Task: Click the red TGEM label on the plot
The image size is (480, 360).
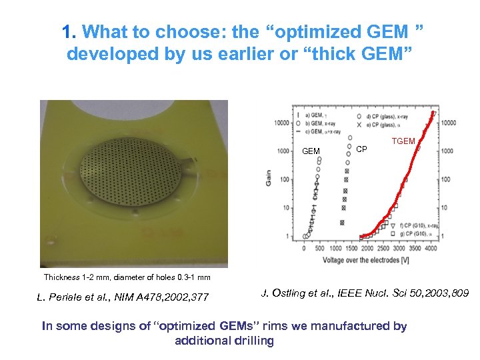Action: [x=403, y=141]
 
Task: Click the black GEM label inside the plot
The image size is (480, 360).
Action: [x=311, y=151]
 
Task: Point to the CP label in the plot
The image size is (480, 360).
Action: [x=361, y=149]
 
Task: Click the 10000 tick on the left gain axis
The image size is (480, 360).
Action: [x=279, y=123]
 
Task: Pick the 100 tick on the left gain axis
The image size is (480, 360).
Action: [x=284, y=179]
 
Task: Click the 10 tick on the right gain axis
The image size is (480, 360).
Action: [x=445, y=208]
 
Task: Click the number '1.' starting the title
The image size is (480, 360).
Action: [x=68, y=31]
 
